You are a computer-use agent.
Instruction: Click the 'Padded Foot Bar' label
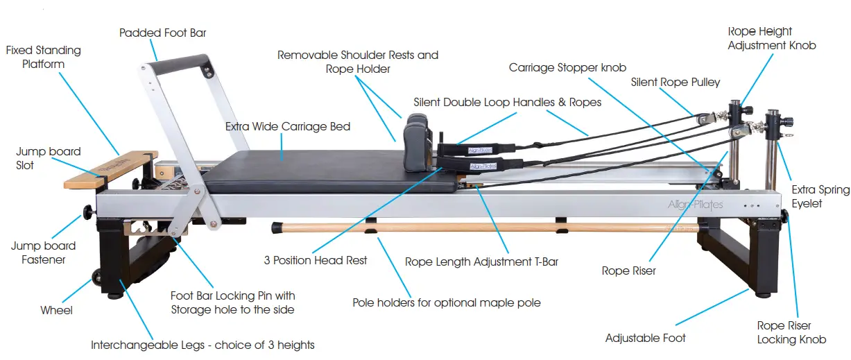pos(162,33)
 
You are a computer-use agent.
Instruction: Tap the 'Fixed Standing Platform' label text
pos(43,57)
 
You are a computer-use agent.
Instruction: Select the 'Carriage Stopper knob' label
pos(567,67)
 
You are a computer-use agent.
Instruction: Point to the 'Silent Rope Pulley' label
pos(675,82)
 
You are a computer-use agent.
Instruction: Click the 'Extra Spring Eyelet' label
pos(820,196)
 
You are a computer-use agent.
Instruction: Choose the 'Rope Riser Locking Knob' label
pos(791,332)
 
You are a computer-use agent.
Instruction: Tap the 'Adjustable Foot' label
pos(645,338)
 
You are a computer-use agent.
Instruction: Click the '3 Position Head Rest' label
pos(315,260)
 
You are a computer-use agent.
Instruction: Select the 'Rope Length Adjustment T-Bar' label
pos(481,262)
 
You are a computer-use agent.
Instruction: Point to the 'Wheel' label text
pos(56,310)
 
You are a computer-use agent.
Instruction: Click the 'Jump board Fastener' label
pos(43,252)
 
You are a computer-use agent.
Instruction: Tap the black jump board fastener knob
pos(89,211)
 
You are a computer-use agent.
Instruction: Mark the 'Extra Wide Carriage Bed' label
pos(288,127)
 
